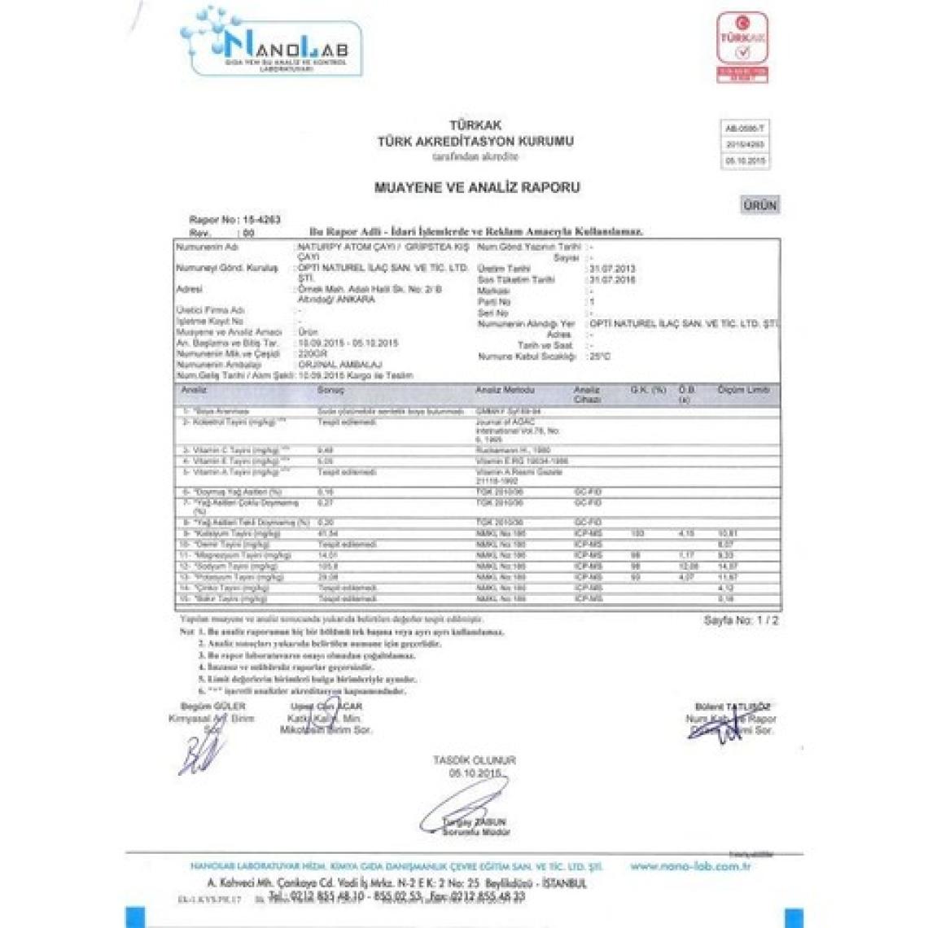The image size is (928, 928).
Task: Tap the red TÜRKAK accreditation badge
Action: [742, 46]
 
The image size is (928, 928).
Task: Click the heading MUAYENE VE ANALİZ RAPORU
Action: [477, 187]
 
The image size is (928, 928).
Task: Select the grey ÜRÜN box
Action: [759, 205]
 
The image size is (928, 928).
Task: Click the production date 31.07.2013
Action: [611, 269]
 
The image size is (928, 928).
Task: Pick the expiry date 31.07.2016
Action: [611, 279]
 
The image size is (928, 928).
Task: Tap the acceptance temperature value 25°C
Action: [601, 357]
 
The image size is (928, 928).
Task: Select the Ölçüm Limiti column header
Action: [743, 391]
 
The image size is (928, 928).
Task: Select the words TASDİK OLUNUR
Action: [475, 760]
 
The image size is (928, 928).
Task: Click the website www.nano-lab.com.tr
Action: [690, 866]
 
